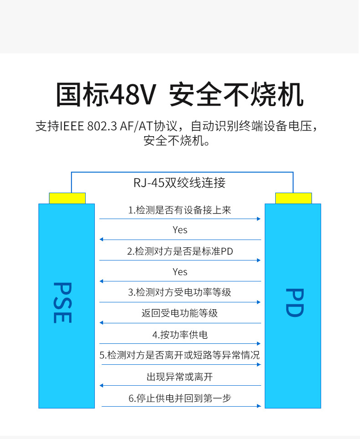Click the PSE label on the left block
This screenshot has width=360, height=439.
click(62, 303)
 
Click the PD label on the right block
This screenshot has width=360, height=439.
click(294, 303)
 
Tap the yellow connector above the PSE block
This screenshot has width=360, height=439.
click(67, 198)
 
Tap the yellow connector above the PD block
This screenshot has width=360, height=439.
click(293, 198)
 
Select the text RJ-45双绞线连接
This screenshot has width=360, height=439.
click(180, 183)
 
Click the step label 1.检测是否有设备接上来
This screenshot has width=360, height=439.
click(180, 210)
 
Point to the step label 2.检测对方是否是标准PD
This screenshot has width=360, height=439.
click(180, 251)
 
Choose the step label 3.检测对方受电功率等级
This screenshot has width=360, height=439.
click(180, 292)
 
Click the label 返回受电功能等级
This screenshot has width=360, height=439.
click(180, 313)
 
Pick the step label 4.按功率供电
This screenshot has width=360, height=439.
click(180, 335)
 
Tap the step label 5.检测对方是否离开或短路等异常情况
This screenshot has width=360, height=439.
click(180, 355)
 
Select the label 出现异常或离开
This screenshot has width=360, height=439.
click(180, 377)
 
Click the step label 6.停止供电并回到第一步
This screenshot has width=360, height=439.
click(180, 398)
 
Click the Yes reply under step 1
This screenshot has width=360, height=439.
click(180, 230)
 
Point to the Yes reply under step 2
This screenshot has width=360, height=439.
click(180, 272)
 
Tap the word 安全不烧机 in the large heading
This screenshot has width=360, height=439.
click(236, 95)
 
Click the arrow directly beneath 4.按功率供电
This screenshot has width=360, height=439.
click(180, 343)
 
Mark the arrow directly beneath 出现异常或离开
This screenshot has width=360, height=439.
click(180, 385)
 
